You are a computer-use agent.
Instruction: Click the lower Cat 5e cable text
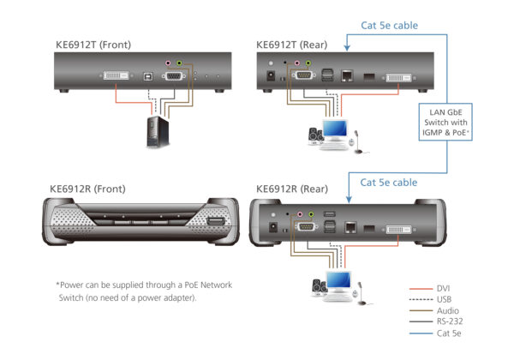[388, 182]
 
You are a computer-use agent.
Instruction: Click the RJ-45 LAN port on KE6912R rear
[350, 227]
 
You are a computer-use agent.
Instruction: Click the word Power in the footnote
[75, 285]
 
